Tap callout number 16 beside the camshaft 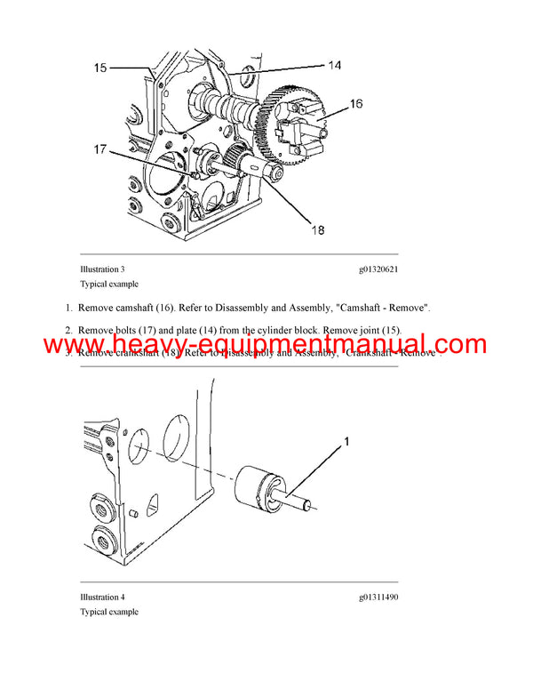click(x=355, y=104)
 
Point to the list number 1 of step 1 click(x=68, y=308)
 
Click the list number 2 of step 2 click(x=68, y=330)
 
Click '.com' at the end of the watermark click(x=455, y=345)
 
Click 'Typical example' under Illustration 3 click(x=109, y=284)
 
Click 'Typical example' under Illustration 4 click(x=109, y=612)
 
